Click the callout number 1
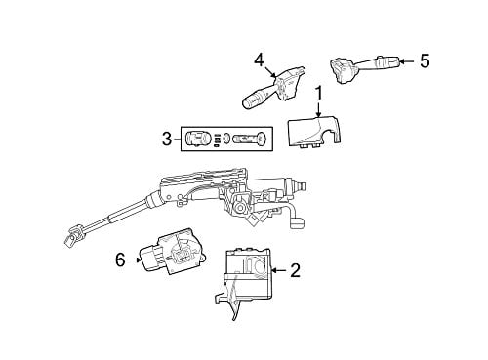point(319,94)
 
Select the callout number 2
point(296,270)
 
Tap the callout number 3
point(167,140)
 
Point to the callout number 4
point(259,60)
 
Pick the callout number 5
point(425,60)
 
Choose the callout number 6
point(120,260)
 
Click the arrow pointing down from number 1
point(319,109)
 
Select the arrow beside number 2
point(279,270)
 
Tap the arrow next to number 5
point(407,61)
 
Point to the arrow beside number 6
point(134,260)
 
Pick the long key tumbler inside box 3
point(251,140)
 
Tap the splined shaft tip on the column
point(302,186)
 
